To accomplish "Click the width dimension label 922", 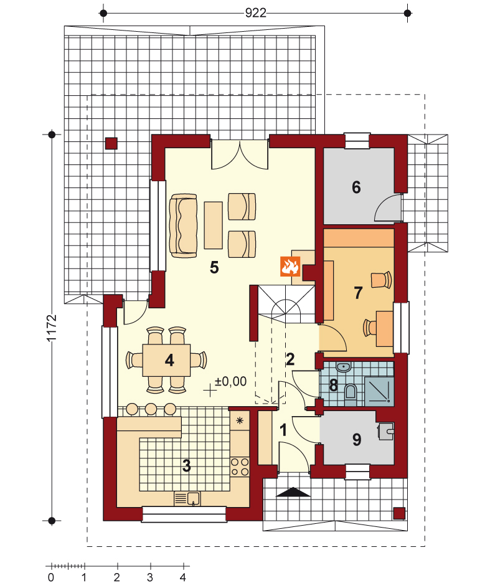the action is pos(255,12).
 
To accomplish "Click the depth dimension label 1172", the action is pos(52,328).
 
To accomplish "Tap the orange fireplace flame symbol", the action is pos(290,266).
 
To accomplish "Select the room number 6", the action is pos(356,187).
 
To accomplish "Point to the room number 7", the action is pos(358,293).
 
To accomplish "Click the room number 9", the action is pos(357,439).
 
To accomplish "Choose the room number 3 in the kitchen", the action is pos(186,466).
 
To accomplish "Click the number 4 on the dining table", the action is pos(169,361).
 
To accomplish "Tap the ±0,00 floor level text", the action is pos(230,381).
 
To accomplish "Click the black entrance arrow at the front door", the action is pos(293,492).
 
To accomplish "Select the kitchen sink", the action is pos(187,498).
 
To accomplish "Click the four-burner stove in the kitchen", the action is pos(240,467).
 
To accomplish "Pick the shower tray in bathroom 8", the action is pos(379,392).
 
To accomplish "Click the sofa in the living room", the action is pos(183,225).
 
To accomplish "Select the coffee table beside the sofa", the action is pos(214,225).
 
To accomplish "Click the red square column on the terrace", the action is pos(111,144).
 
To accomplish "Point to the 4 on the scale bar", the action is pos(183,577).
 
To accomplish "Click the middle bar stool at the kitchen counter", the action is pos(151,409).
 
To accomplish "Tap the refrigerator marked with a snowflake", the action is pos(240,420).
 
